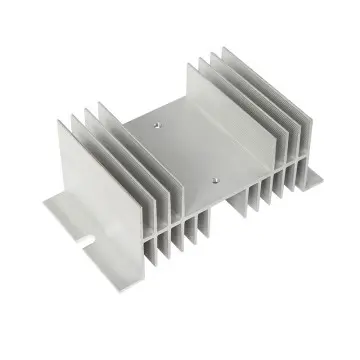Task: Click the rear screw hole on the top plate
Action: pyautogui.click(x=159, y=125)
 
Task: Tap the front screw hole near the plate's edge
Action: pyautogui.click(x=215, y=180)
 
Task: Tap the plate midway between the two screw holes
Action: pyautogui.click(x=187, y=152)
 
